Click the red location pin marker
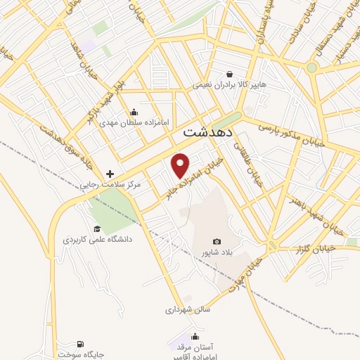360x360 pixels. click(x=181, y=165)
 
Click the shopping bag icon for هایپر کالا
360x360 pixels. click(x=229, y=73)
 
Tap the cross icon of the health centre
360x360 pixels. click(x=109, y=174)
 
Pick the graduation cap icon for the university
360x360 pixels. click(x=97, y=229)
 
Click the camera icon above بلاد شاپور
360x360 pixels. click(x=217, y=241)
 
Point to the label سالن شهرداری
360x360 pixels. click(x=188, y=309)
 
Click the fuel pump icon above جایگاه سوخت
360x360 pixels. click(x=79, y=345)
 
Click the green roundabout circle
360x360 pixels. click(x=311, y=68)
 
